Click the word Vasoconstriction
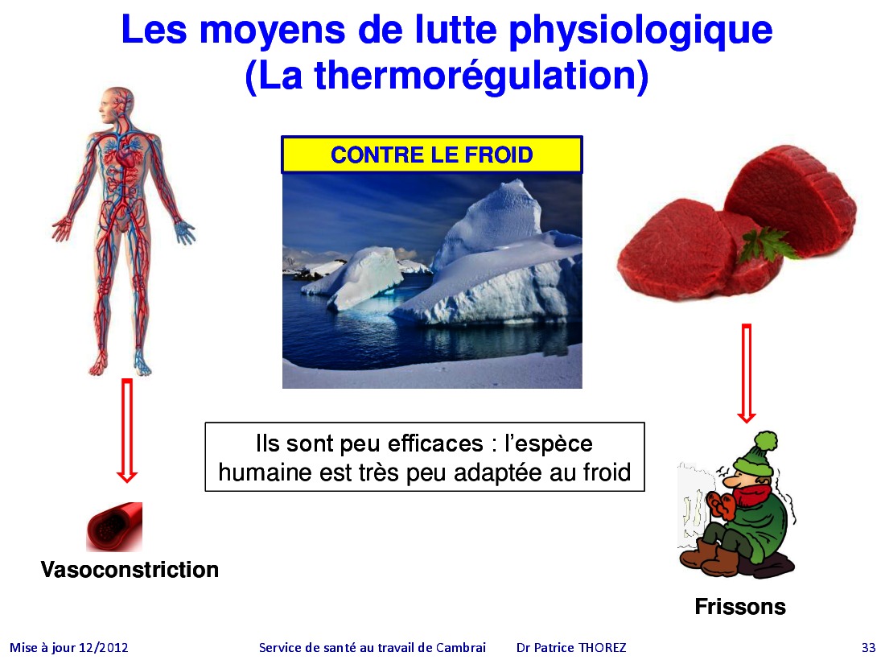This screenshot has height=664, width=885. (130, 569)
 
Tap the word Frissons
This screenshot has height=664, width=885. (740, 606)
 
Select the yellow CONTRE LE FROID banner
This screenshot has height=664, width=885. (432, 155)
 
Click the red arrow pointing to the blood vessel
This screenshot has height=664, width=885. (127, 431)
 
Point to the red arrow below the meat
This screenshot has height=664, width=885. (746, 373)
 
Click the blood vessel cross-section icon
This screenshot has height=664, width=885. (114, 526)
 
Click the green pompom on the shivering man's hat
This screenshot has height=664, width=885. (766, 442)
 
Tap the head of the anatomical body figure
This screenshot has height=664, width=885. (117, 105)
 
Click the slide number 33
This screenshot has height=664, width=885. (869, 648)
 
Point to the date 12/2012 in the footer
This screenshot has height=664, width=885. (103, 648)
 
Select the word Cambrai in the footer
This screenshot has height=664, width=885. (460, 648)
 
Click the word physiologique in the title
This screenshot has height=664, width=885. (640, 31)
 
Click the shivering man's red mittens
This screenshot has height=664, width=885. (721, 504)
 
